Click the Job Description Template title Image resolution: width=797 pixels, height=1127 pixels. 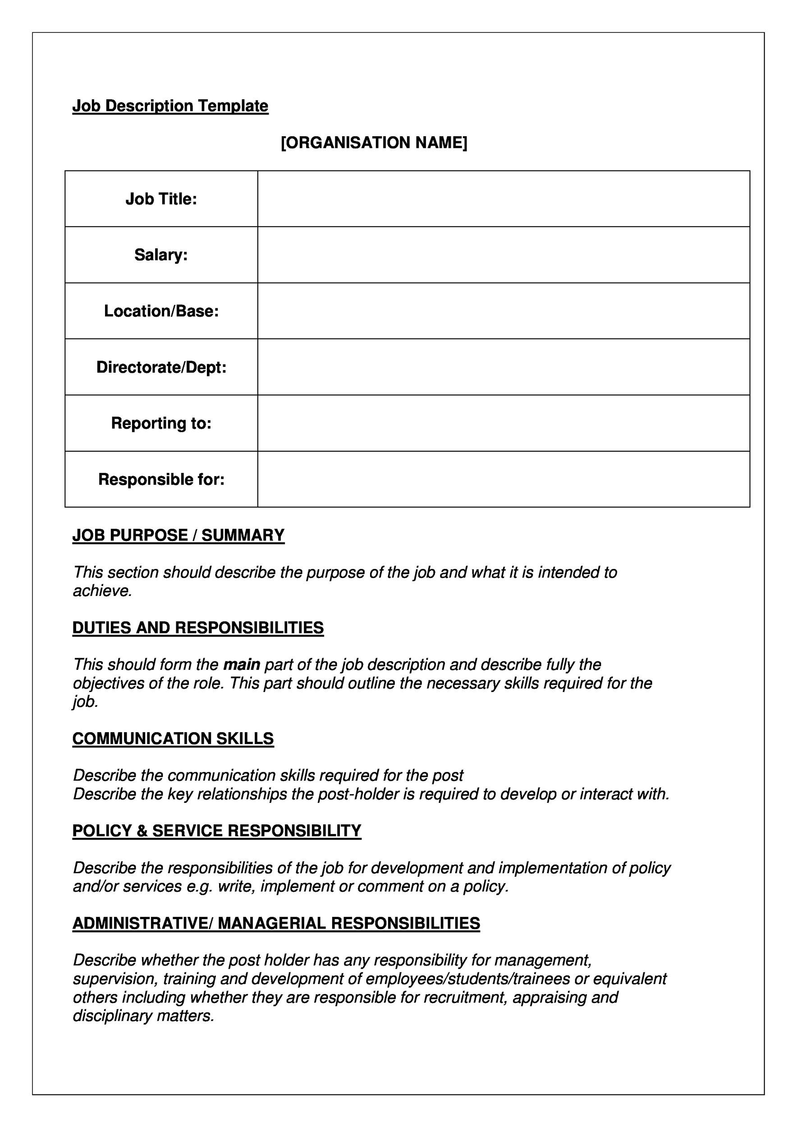point(170,106)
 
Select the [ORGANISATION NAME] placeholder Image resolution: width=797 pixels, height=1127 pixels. point(374,143)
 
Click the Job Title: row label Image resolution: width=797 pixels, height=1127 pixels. point(161,199)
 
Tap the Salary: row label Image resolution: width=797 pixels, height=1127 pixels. point(161,255)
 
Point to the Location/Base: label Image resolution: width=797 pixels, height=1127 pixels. point(161,311)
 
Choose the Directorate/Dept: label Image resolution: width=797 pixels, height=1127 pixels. point(161,367)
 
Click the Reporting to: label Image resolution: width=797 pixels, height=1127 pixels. point(161,423)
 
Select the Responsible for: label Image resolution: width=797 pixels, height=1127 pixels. point(161,479)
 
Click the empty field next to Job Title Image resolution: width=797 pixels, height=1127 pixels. point(504,199)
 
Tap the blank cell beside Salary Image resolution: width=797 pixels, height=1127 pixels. point(504,255)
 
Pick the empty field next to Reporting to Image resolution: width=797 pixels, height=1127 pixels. point(504,423)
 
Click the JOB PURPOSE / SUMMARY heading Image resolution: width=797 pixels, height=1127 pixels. point(178,535)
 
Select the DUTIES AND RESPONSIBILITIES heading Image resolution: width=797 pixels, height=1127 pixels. point(198,628)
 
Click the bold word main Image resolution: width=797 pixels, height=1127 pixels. point(242,665)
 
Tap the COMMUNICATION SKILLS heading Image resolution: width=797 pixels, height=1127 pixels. point(173,739)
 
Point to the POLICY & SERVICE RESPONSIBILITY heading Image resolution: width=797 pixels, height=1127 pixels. point(216,831)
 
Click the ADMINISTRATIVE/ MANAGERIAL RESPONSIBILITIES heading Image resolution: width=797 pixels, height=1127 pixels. point(276,923)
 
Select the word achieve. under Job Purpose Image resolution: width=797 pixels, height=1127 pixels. point(103,591)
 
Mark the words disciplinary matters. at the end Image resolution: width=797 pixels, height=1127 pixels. point(143,1016)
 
